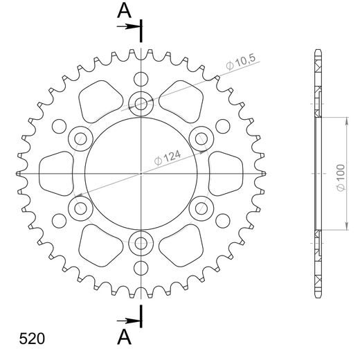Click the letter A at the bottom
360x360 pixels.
[x=123, y=336]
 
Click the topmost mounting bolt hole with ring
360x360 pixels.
[x=141, y=105]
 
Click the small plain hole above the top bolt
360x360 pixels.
[x=141, y=77]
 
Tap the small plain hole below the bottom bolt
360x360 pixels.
[x=141, y=269]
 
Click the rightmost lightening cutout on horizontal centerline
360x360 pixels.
[x=226, y=172]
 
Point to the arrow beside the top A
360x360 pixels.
[x=128, y=26]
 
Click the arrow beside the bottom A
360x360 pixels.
[x=128, y=321]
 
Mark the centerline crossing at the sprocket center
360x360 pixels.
[x=141, y=172]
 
